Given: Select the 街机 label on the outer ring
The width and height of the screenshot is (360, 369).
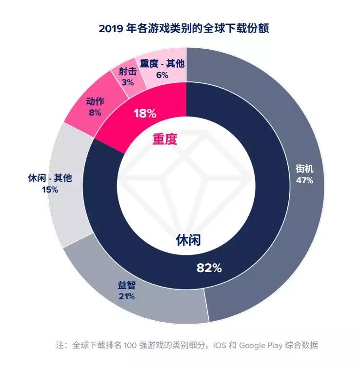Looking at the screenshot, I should click(x=304, y=169).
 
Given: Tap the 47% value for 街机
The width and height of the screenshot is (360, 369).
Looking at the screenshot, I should click(x=304, y=180).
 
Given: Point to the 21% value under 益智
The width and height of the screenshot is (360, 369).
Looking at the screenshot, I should click(x=126, y=296).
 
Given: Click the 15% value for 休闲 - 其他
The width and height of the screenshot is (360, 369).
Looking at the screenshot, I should click(x=50, y=190).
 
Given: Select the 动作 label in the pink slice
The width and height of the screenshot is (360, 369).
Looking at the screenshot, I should click(x=95, y=102).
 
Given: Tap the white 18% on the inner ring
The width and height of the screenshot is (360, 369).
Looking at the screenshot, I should click(x=145, y=114).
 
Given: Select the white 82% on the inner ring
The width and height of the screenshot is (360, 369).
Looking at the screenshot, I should click(x=209, y=268).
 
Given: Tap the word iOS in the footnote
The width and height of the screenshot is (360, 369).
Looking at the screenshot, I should click(x=219, y=345).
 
